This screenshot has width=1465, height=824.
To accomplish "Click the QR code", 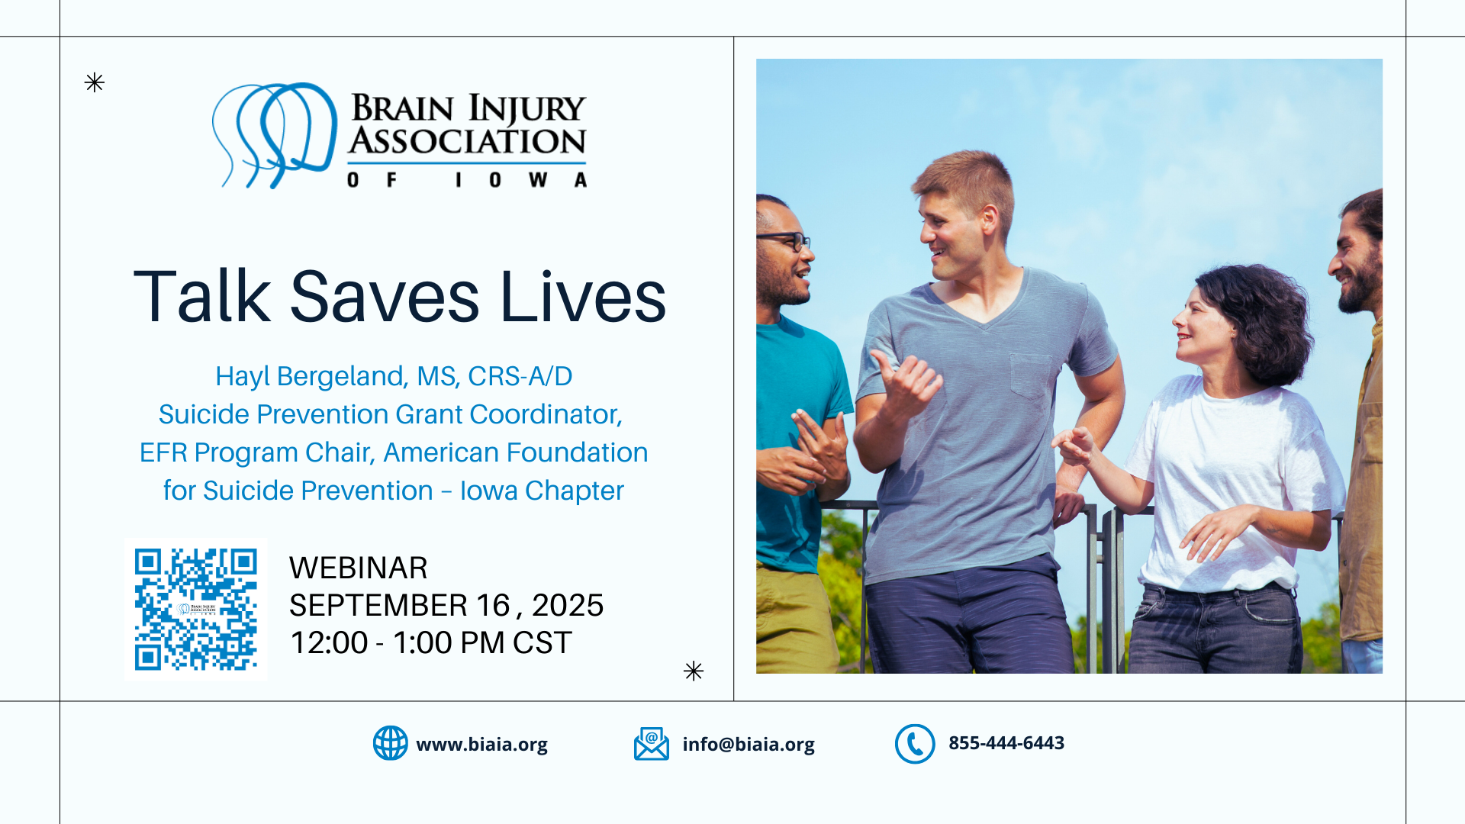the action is (x=196, y=609).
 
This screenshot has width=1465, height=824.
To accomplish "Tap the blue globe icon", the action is (x=390, y=743).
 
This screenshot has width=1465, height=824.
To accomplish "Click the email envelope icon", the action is (x=651, y=744).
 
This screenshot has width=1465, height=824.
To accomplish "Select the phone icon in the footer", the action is (x=915, y=744).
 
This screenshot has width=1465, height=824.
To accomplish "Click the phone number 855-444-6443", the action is (x=1006, y=743).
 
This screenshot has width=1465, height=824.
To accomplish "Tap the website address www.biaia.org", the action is (x=481, y=745).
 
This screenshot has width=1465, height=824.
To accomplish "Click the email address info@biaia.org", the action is (x=749, y=745).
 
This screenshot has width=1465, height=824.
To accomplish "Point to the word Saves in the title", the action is (x=385, y=297).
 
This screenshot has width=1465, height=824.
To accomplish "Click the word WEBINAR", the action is (x=358, y=568).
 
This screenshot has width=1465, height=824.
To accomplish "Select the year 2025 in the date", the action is (x=568, y=606).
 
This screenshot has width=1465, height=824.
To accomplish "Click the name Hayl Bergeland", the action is (x=310, y=377).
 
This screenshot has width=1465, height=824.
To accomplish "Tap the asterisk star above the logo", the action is (x=95, y=82).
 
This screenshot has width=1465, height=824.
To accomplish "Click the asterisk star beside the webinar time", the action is (x=694, y=671).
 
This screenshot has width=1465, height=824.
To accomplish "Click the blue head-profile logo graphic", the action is (x=274, y=135).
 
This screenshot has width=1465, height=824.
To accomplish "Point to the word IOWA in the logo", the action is (x=522, y=180).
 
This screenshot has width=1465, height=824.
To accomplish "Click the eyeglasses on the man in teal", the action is (x=784, y=241).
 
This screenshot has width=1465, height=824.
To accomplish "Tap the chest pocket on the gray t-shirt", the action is (x=1031, y=375).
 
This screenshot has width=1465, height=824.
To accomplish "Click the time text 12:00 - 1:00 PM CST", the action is (x=431, y=643).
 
